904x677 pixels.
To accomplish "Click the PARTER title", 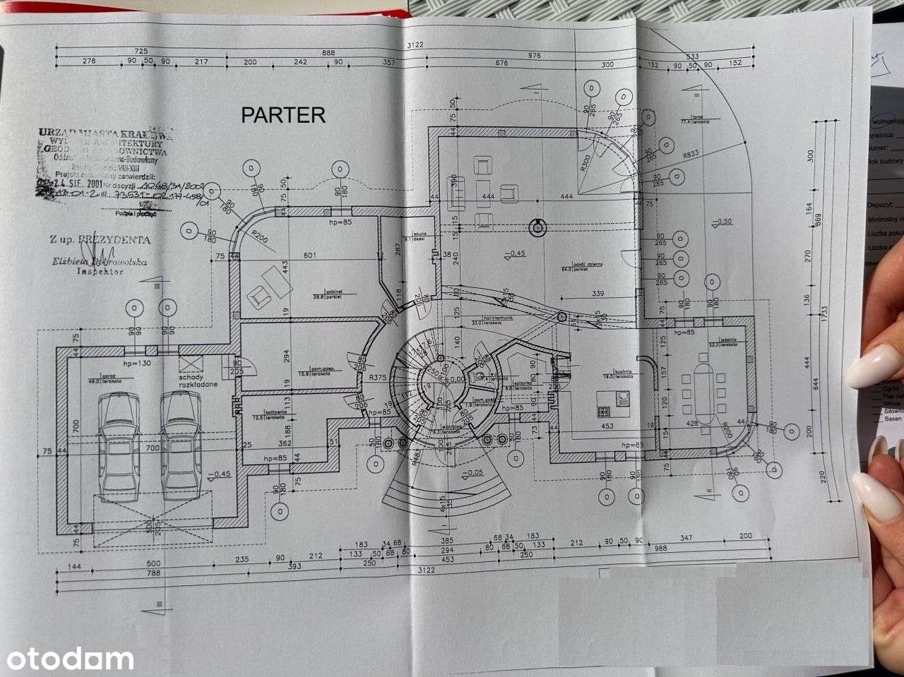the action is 283,115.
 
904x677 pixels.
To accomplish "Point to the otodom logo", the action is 67,659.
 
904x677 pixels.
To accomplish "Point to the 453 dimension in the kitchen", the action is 607,426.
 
